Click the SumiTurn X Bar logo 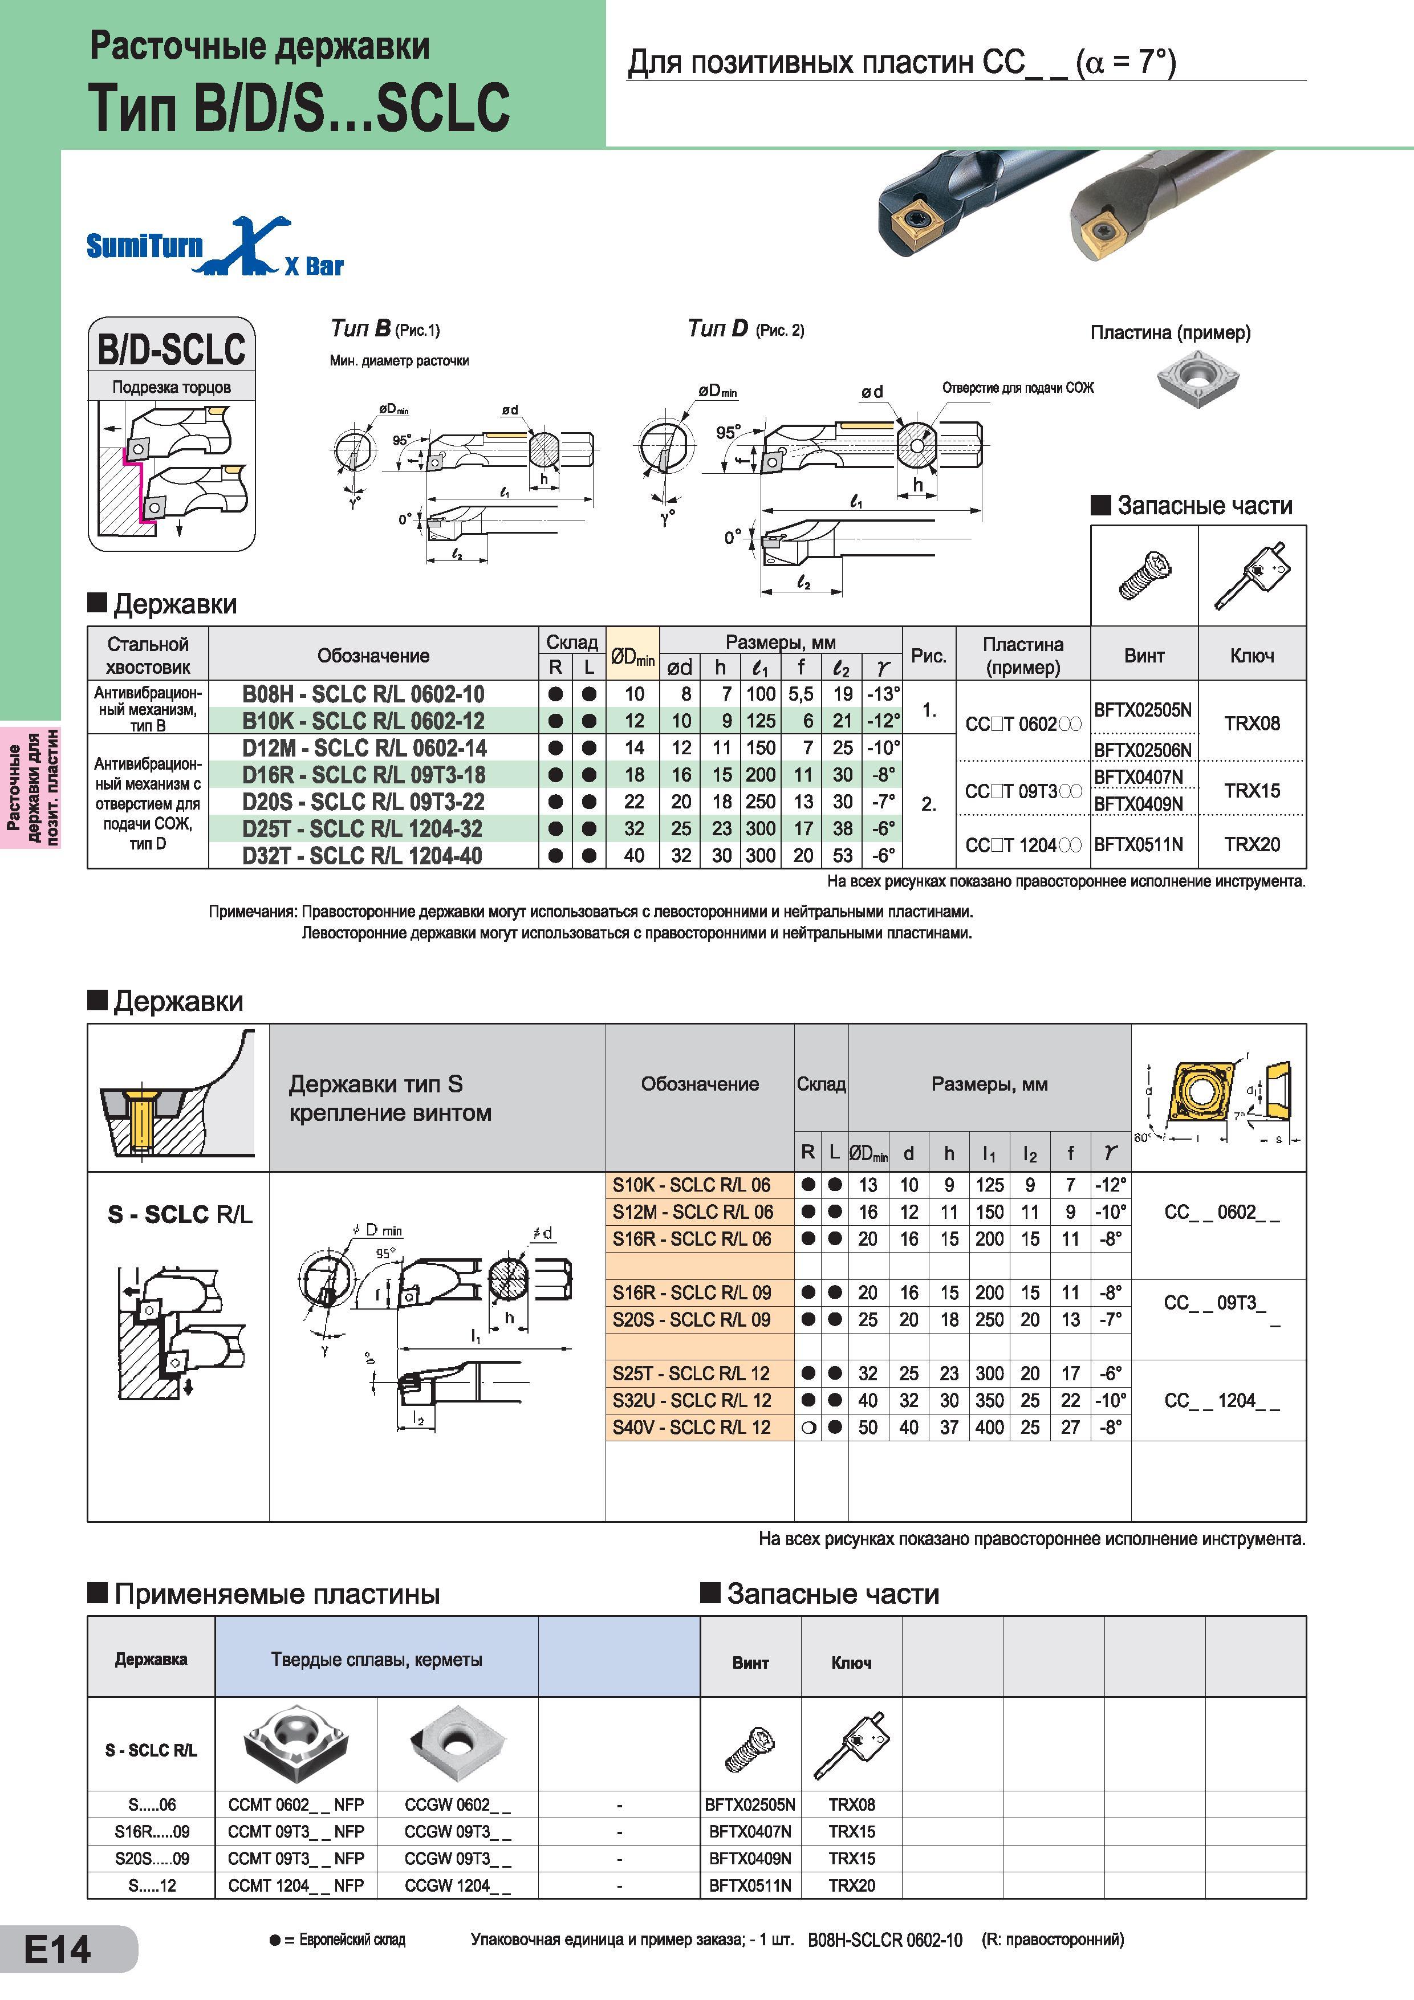(x=215, y=247)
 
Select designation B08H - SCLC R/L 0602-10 (x=363, y=694)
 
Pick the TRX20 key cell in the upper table (x=1252, y=844)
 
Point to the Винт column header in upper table (x=1144, y=656)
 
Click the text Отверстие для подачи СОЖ (x=1018, y=388)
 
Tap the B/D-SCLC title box (x=172, y=348)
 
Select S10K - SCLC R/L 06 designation (x=691, y=1185)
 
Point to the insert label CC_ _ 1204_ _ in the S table (x=1221, y=1401)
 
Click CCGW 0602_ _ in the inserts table (x=457, y=1804)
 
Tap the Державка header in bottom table (x=151, y=1658)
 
